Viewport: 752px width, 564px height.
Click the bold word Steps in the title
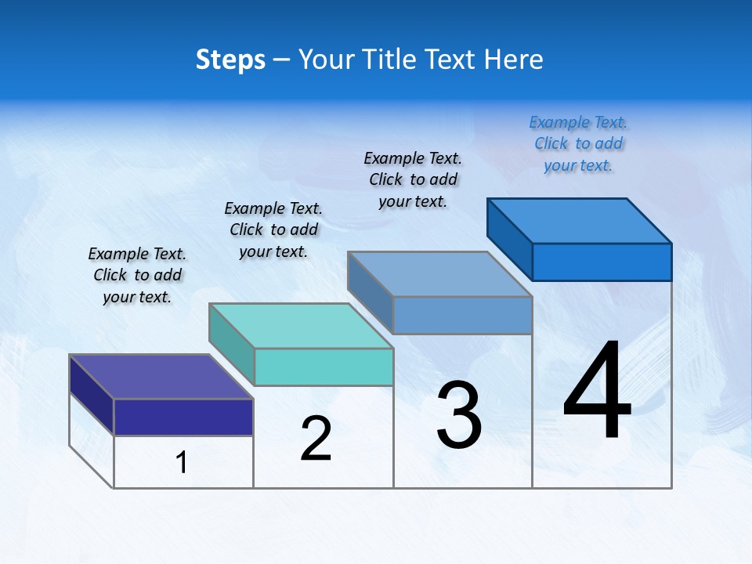click(230, 60)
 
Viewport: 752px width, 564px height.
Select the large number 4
click(597, 391)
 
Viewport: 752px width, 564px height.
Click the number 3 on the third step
click(459, 415)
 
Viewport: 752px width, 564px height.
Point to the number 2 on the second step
click(316, 439)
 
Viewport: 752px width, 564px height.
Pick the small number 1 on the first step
click(182, 463)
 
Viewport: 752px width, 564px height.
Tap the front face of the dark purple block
click(183, 417)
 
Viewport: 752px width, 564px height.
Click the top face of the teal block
click(301, 326)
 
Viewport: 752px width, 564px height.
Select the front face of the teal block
click(324, 367)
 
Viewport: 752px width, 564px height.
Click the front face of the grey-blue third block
click(462, 315)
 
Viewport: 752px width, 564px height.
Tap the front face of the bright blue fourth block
click(602, 262)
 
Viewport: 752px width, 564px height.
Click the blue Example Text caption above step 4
click(578, 143)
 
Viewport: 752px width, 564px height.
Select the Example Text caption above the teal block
click(273, 230)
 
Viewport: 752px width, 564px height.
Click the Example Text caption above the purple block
click(137, 275)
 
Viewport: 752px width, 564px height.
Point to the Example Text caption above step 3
click(413, 179)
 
